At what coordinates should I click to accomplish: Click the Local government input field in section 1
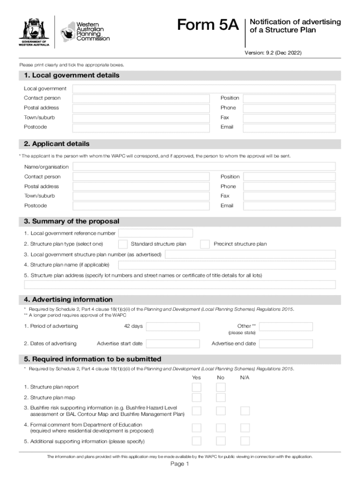pos(204,89)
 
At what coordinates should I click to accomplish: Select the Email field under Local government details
pos(289,127)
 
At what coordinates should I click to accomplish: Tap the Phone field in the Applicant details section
pos(289,187)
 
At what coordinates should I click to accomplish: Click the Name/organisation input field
pos(204,167)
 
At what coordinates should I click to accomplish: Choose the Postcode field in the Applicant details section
pos(140,206)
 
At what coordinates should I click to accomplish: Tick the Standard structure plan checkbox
pos(123,244)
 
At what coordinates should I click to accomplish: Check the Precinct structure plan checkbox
pos(205,244)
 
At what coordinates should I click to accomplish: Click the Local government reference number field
pos(156,233)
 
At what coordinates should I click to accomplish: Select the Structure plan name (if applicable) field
pos(227,265)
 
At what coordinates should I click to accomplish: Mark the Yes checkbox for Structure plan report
pos(197,387)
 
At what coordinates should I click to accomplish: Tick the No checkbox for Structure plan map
pos(221,398)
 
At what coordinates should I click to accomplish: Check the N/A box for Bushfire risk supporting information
pos(245,411)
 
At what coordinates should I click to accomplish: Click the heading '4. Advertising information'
pos(65,300)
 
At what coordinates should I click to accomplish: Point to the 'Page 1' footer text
pos(180,464)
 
